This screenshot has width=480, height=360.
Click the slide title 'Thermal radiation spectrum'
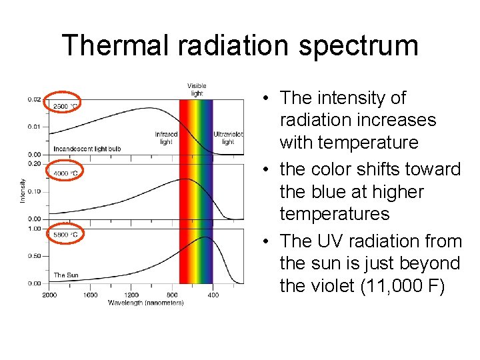pyautogui.click(x=240, y=45)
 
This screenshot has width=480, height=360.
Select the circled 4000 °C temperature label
pyautogui.click(x=65, y=172)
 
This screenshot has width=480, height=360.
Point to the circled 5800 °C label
pyautogui.click(x=65, y=233)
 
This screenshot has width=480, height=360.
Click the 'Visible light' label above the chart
pyautogui.click(x=197, y=89)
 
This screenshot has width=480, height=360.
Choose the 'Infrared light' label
pyautogui.click(x=166, y=138)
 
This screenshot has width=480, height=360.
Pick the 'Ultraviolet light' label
pyautogui.click(x=228, y=138)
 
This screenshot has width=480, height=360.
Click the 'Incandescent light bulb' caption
pyautogui.click(x=87, y=148)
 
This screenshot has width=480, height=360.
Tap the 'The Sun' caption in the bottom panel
pyautogui.click(x=66, y=275)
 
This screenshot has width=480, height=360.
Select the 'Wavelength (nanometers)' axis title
pyautogui.click(x=146, y=303)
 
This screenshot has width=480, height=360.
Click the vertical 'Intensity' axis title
pyautogui.click(x=23, y=190)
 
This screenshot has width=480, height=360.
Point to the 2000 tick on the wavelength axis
pyautogui.click(x=49, y=295)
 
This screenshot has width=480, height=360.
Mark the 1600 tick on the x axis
pyautogui.click(x=90, y=295)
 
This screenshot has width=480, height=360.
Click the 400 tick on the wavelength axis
pyautogui.click(x=213, y=295)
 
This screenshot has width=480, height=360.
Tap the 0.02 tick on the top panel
pyautogui.click(x=33, y=99)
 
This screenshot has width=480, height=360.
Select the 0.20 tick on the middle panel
pyautogui.click(x=33, y=163)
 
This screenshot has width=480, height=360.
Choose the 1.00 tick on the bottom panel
pyautogui.click(x=33, y=228)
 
